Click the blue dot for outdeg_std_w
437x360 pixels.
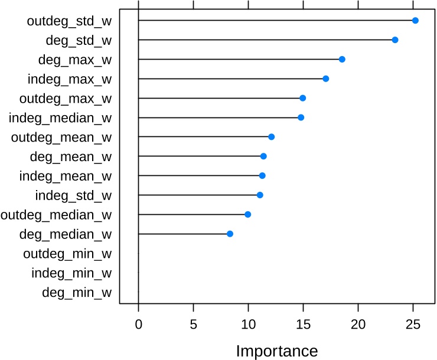(415, 21)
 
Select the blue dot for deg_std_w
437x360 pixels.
(395, 40)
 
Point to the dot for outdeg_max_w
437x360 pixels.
(303, 98)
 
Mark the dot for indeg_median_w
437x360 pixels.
(301, 117)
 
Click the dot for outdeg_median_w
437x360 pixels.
(248, 214)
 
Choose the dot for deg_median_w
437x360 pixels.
(230, 234)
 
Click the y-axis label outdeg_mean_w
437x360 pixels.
(61, 138)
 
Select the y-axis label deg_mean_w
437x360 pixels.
(70, 157)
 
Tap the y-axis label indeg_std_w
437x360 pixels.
(74, 195)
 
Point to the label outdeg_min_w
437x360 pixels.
(67, 254)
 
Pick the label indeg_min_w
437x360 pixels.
(71, 273)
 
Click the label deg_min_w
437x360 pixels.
(77, 292)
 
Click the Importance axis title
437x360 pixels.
(277, 351)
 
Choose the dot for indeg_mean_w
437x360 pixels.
(262, 176)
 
